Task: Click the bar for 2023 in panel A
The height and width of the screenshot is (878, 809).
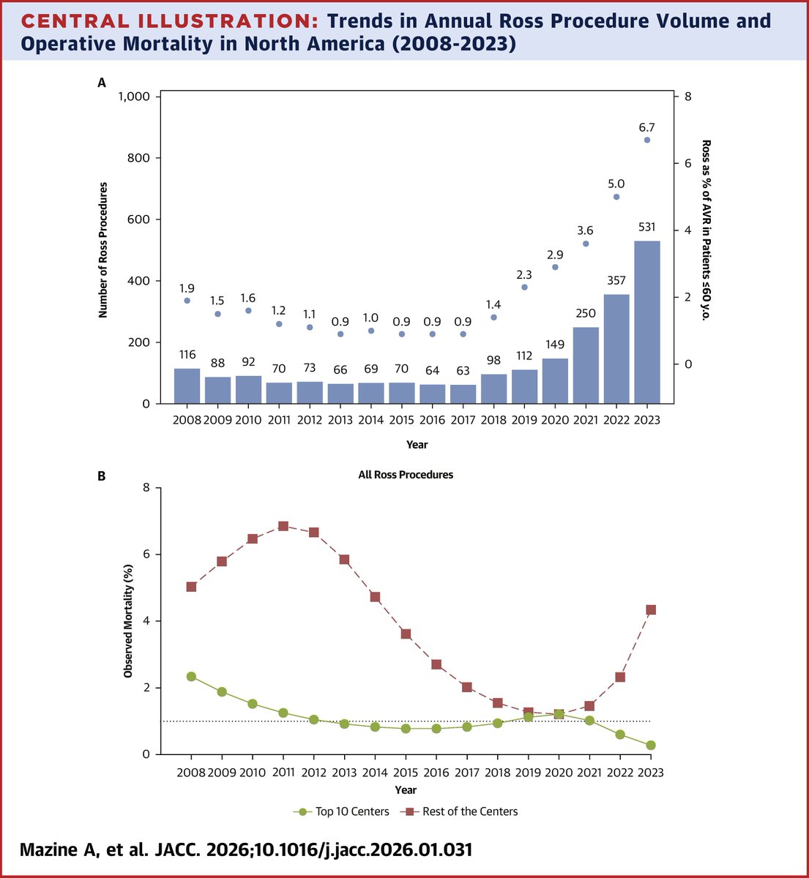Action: point(646,322)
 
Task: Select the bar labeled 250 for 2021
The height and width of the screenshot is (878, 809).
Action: point(585,365)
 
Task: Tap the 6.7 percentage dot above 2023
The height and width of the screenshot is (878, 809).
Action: point(646,140)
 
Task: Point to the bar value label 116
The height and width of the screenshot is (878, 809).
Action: point(187,355)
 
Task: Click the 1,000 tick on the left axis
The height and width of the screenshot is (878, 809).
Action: point(133,97)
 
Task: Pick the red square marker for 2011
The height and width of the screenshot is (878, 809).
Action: point(283,526)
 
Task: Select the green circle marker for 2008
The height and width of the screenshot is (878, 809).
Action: point(191,676)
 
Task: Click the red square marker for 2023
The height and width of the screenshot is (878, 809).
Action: point(650,609)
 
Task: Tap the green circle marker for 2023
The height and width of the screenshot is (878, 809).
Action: point(650,745)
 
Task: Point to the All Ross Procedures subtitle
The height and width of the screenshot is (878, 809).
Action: point(406,475)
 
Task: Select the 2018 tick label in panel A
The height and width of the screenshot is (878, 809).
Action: point(494,421)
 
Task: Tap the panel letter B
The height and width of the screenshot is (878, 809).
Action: point(102,476)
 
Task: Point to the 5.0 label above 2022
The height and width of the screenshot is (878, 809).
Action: point(616,184)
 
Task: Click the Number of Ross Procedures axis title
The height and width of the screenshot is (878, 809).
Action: point(103,250)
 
